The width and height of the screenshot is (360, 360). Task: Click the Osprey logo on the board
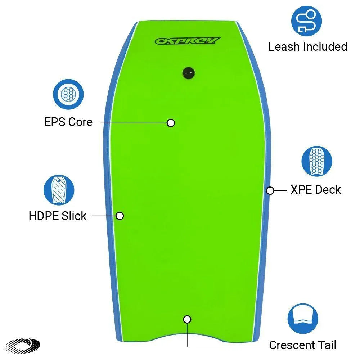188,41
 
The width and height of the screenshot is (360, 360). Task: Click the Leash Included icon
306,21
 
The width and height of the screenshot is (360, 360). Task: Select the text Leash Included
308,46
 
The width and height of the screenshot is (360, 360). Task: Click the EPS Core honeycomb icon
68,94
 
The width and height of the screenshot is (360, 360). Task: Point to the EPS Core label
68,122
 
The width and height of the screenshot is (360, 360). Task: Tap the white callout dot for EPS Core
171,123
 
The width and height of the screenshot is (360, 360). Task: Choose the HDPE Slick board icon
59,190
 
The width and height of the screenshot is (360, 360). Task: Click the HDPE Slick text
58,216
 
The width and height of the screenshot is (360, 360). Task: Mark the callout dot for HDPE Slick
120,216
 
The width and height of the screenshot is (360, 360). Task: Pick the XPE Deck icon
316,161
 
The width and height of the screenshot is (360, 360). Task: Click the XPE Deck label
316,190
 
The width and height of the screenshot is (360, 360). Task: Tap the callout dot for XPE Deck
270,190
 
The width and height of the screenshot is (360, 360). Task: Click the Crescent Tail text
302,345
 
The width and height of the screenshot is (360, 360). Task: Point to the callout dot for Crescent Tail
187,319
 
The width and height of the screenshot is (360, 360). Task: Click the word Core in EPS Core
80,122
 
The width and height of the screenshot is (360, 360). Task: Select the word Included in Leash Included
325,46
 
